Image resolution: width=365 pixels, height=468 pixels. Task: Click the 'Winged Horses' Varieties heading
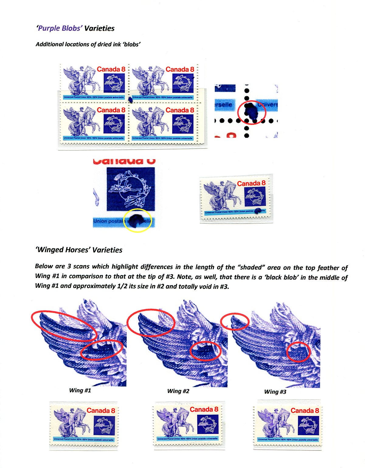click(79, 250)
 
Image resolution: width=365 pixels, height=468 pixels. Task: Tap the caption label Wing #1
click(80, 391)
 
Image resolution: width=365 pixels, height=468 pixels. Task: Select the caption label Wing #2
click(178, 391)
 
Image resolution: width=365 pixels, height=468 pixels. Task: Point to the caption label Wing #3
click(275, 392)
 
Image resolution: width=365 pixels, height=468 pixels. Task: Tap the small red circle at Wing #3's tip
click(235, 322)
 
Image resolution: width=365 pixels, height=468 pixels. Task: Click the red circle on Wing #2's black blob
click(205, 351)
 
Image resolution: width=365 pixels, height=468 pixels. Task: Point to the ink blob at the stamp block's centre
click(130, 99)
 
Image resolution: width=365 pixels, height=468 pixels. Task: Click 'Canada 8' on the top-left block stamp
click(111, 69)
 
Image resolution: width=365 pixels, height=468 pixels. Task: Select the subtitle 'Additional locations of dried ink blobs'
click(88, 44)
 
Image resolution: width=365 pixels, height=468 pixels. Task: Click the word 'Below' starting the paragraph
click(44, 266)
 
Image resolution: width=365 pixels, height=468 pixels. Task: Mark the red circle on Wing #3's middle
click(298, 352)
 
